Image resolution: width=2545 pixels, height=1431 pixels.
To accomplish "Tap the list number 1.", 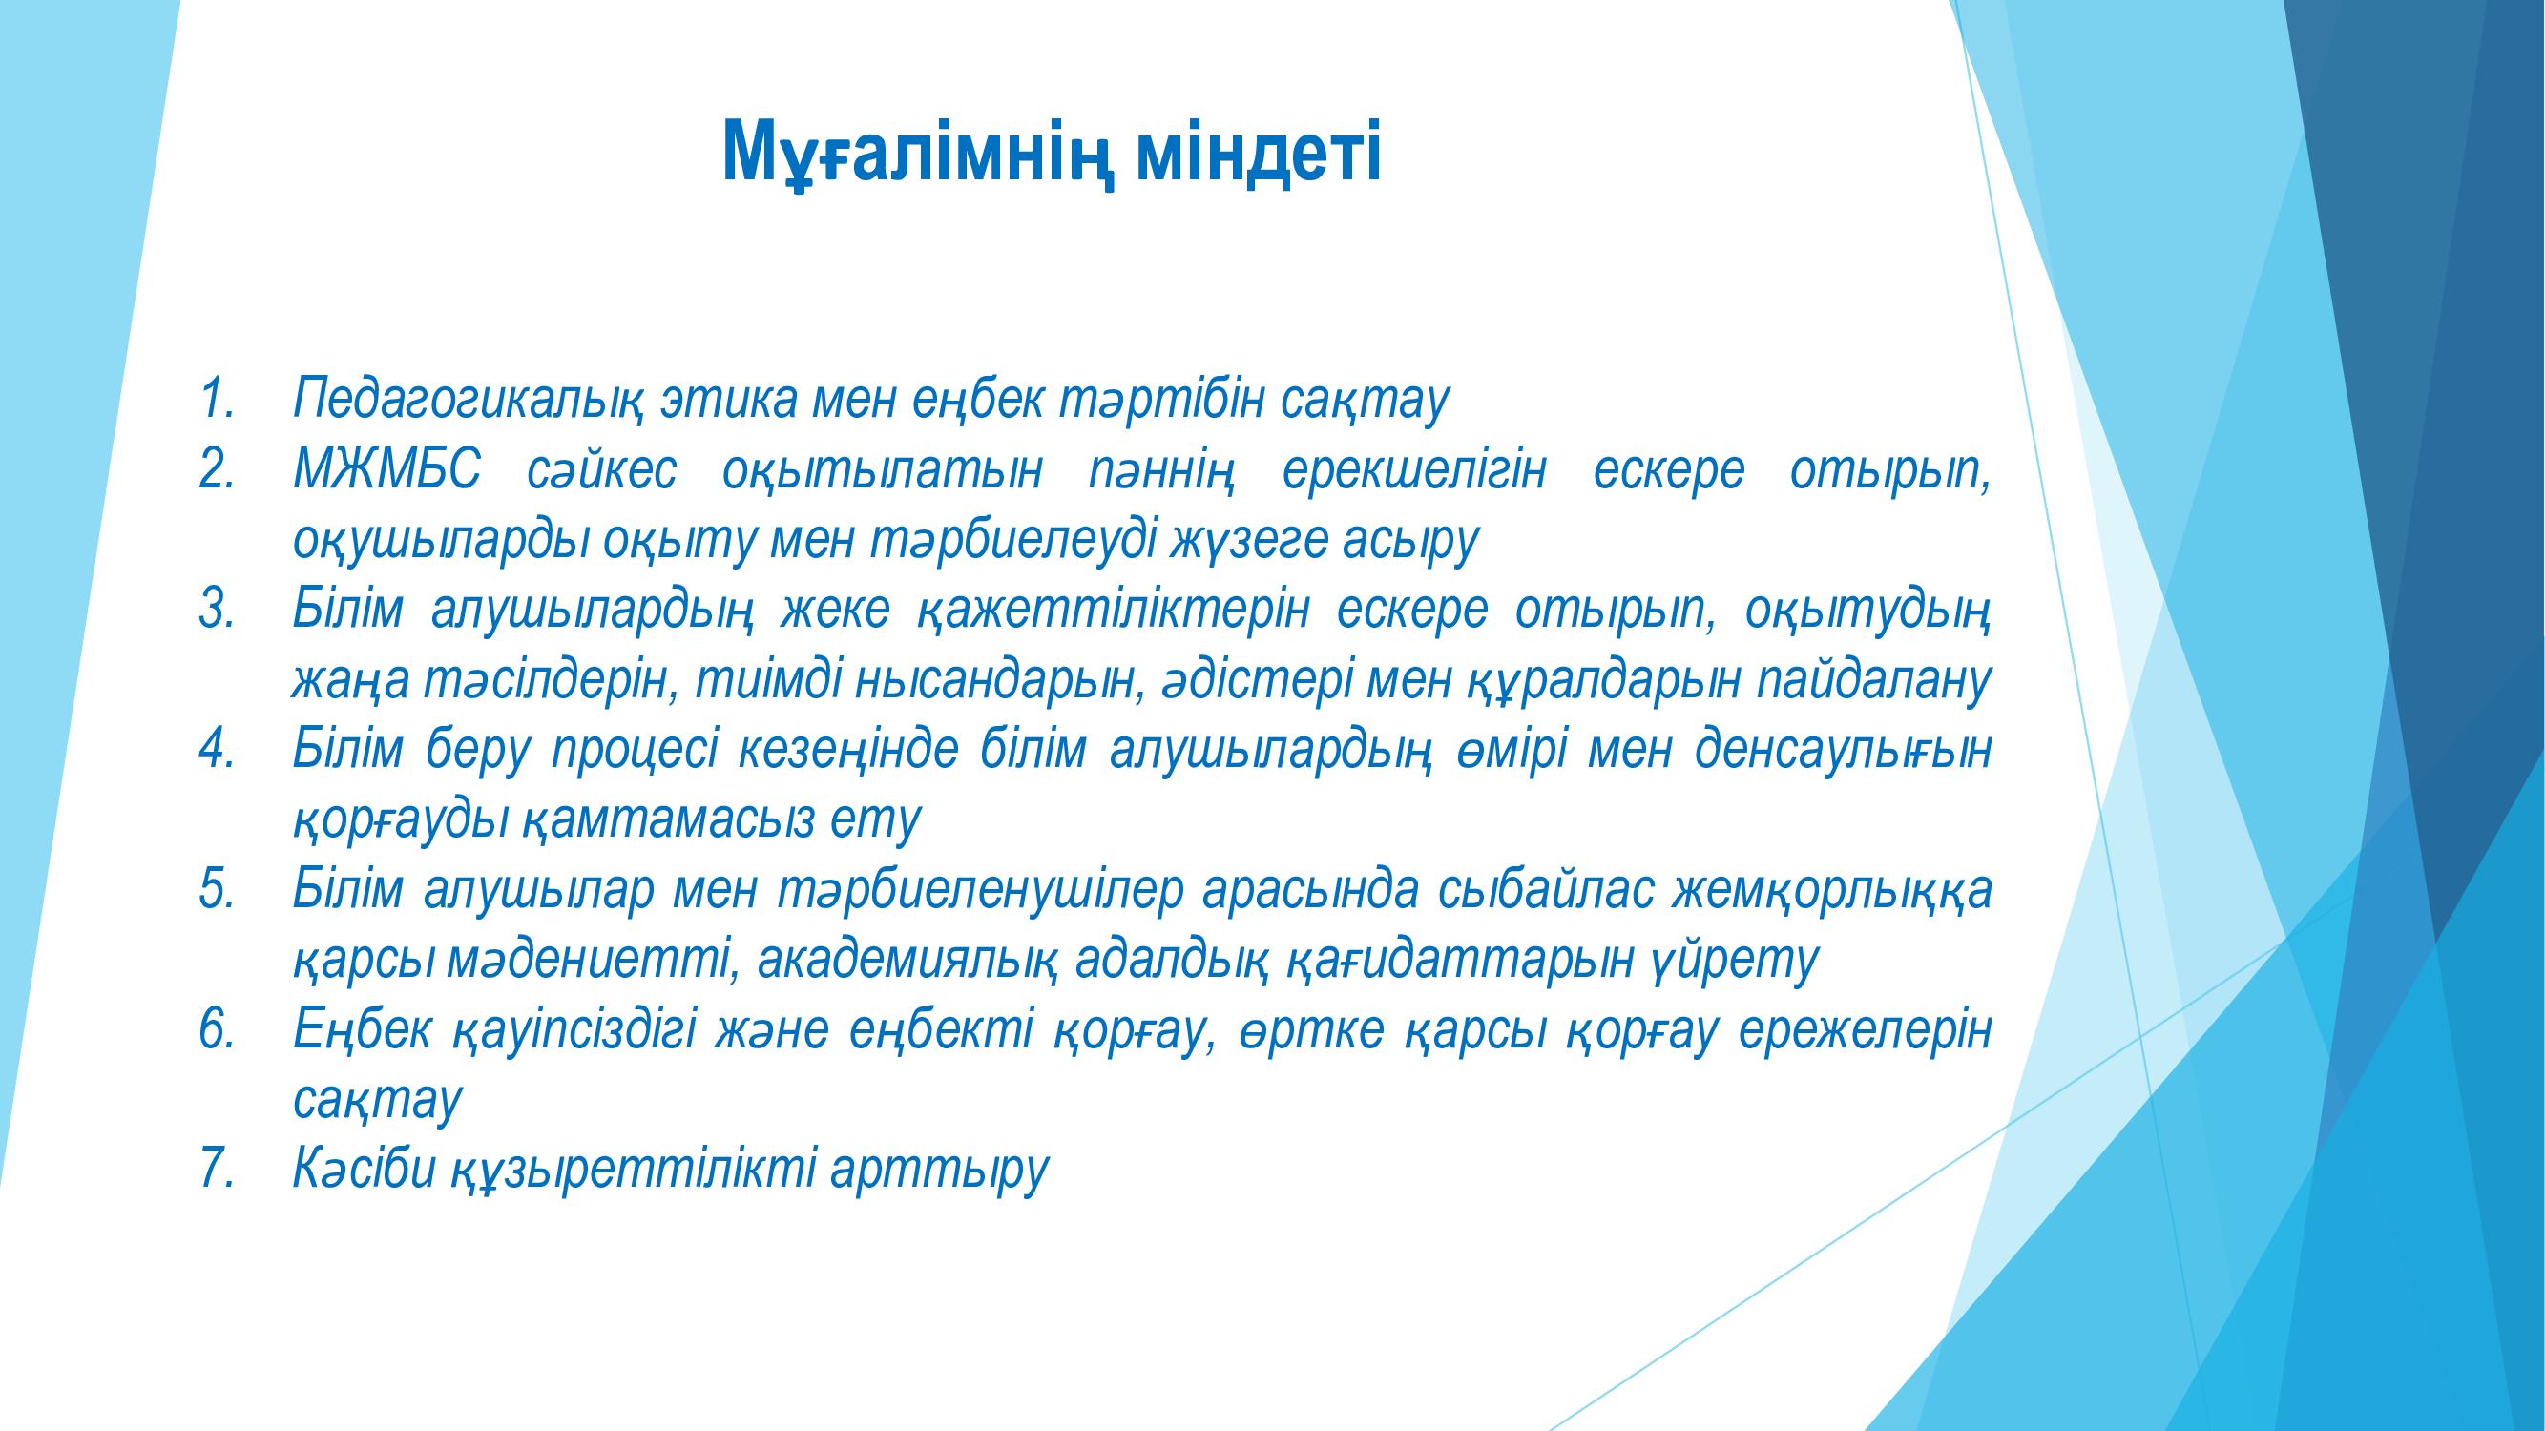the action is tap(217, 398).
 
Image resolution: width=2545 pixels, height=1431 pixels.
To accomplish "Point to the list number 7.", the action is tap(217, 1170).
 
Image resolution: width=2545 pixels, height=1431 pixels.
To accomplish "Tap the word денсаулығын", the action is tap(1842, 753).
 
